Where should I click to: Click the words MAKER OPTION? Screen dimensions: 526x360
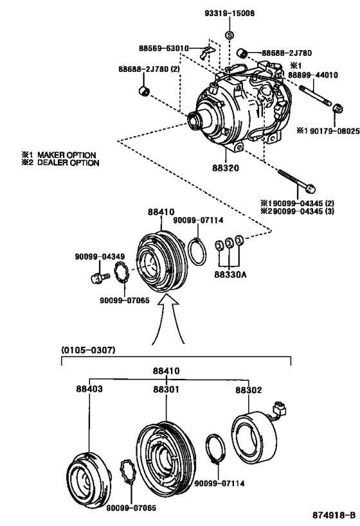point(66,155)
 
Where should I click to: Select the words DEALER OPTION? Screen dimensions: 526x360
point(67,163)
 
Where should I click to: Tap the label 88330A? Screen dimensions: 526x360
point(229,272)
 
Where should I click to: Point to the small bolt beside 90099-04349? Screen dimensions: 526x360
point(95,278)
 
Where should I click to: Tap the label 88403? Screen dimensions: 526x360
point(88,389)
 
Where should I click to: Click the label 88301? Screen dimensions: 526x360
point(166,389)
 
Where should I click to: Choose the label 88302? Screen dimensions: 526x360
point(246,389)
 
